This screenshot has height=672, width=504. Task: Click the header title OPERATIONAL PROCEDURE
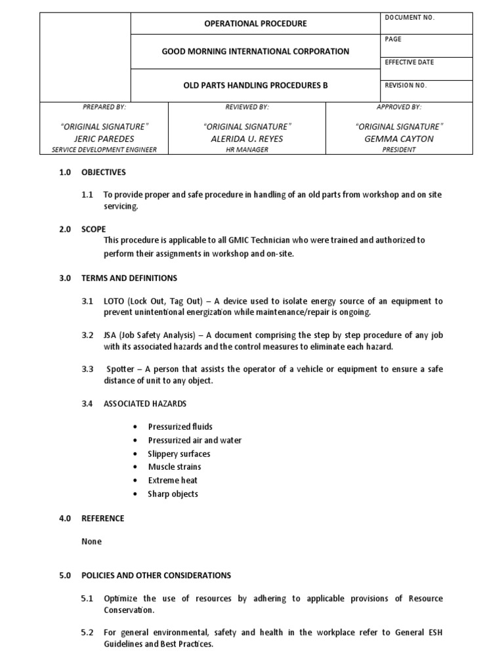pos(256,24)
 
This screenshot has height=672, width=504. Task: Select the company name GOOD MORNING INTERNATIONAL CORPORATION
pos(256,51)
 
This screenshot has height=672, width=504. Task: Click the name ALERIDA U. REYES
pos(247,138)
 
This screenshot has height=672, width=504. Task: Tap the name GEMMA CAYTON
pos(399,138)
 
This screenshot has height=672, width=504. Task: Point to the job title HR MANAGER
pos(247,150)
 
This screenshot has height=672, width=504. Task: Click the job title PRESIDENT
pos(399,150)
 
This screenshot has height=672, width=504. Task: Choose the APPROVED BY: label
pos(399,106)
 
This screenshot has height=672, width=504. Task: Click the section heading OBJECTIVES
pos(103,173)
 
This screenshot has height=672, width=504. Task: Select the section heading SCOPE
pos(93,230)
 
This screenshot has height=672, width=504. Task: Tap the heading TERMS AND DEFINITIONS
pos(129,278)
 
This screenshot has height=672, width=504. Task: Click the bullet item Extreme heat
pos(173,480)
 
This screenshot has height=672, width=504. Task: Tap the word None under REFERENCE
pos(91,541)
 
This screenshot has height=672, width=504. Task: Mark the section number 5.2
pos(87,633)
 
